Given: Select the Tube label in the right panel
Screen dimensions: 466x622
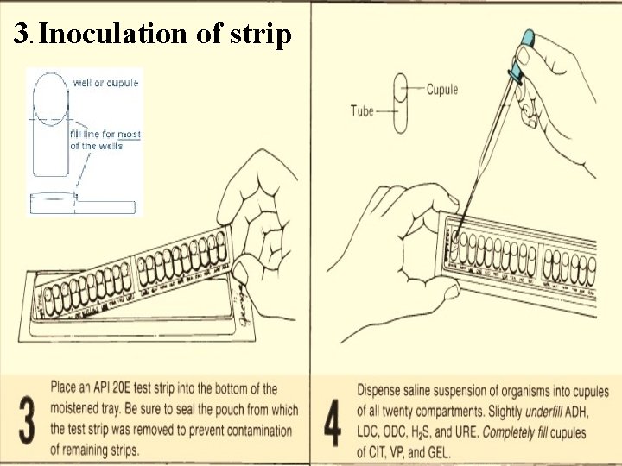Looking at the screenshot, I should coord(363,110).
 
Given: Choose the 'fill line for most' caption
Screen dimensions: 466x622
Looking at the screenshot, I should coord(105,135).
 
